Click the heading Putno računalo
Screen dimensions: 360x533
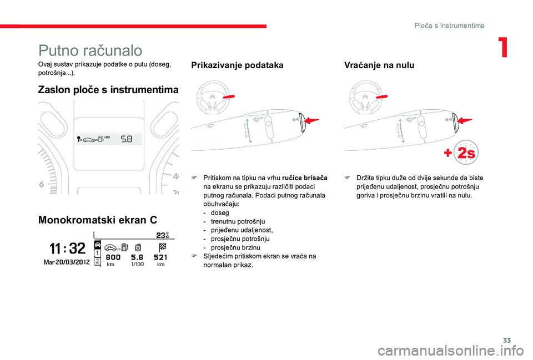click(90, 50)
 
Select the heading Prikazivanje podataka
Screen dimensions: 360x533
click(237, 65)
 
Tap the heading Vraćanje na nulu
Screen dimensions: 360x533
click(379, 65)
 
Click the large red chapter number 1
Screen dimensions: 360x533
click(503, 49)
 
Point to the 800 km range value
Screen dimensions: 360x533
click(113, 258)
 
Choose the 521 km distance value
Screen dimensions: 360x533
click(161, 258)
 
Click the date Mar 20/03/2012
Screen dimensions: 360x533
click(68, 262)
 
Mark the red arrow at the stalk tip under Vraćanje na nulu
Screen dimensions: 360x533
click(464, 120)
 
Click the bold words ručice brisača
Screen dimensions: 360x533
click(305, 178)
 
